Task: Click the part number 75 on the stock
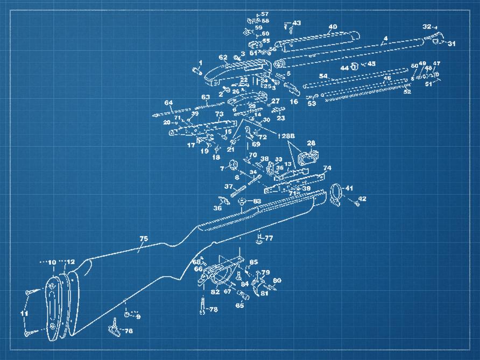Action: point(143,239)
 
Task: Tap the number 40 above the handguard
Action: point(333,26)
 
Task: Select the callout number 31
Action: point(451,44)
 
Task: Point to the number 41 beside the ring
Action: point(349,188)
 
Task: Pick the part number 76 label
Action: point(129,331)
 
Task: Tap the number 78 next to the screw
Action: point(213,309)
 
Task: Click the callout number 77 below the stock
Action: point(269,237)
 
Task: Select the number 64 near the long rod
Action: point(168,103)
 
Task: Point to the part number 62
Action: point(223,57)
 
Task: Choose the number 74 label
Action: point(327,168)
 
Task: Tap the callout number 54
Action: point(323,76)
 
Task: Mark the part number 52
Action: point(407,92)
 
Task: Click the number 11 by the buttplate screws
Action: point(24,313)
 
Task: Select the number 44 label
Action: point(344,68)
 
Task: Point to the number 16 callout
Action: point(294,101)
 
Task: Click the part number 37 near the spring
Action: point(228,186)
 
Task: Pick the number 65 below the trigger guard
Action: point(239,305)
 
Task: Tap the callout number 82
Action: point(215,292)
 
